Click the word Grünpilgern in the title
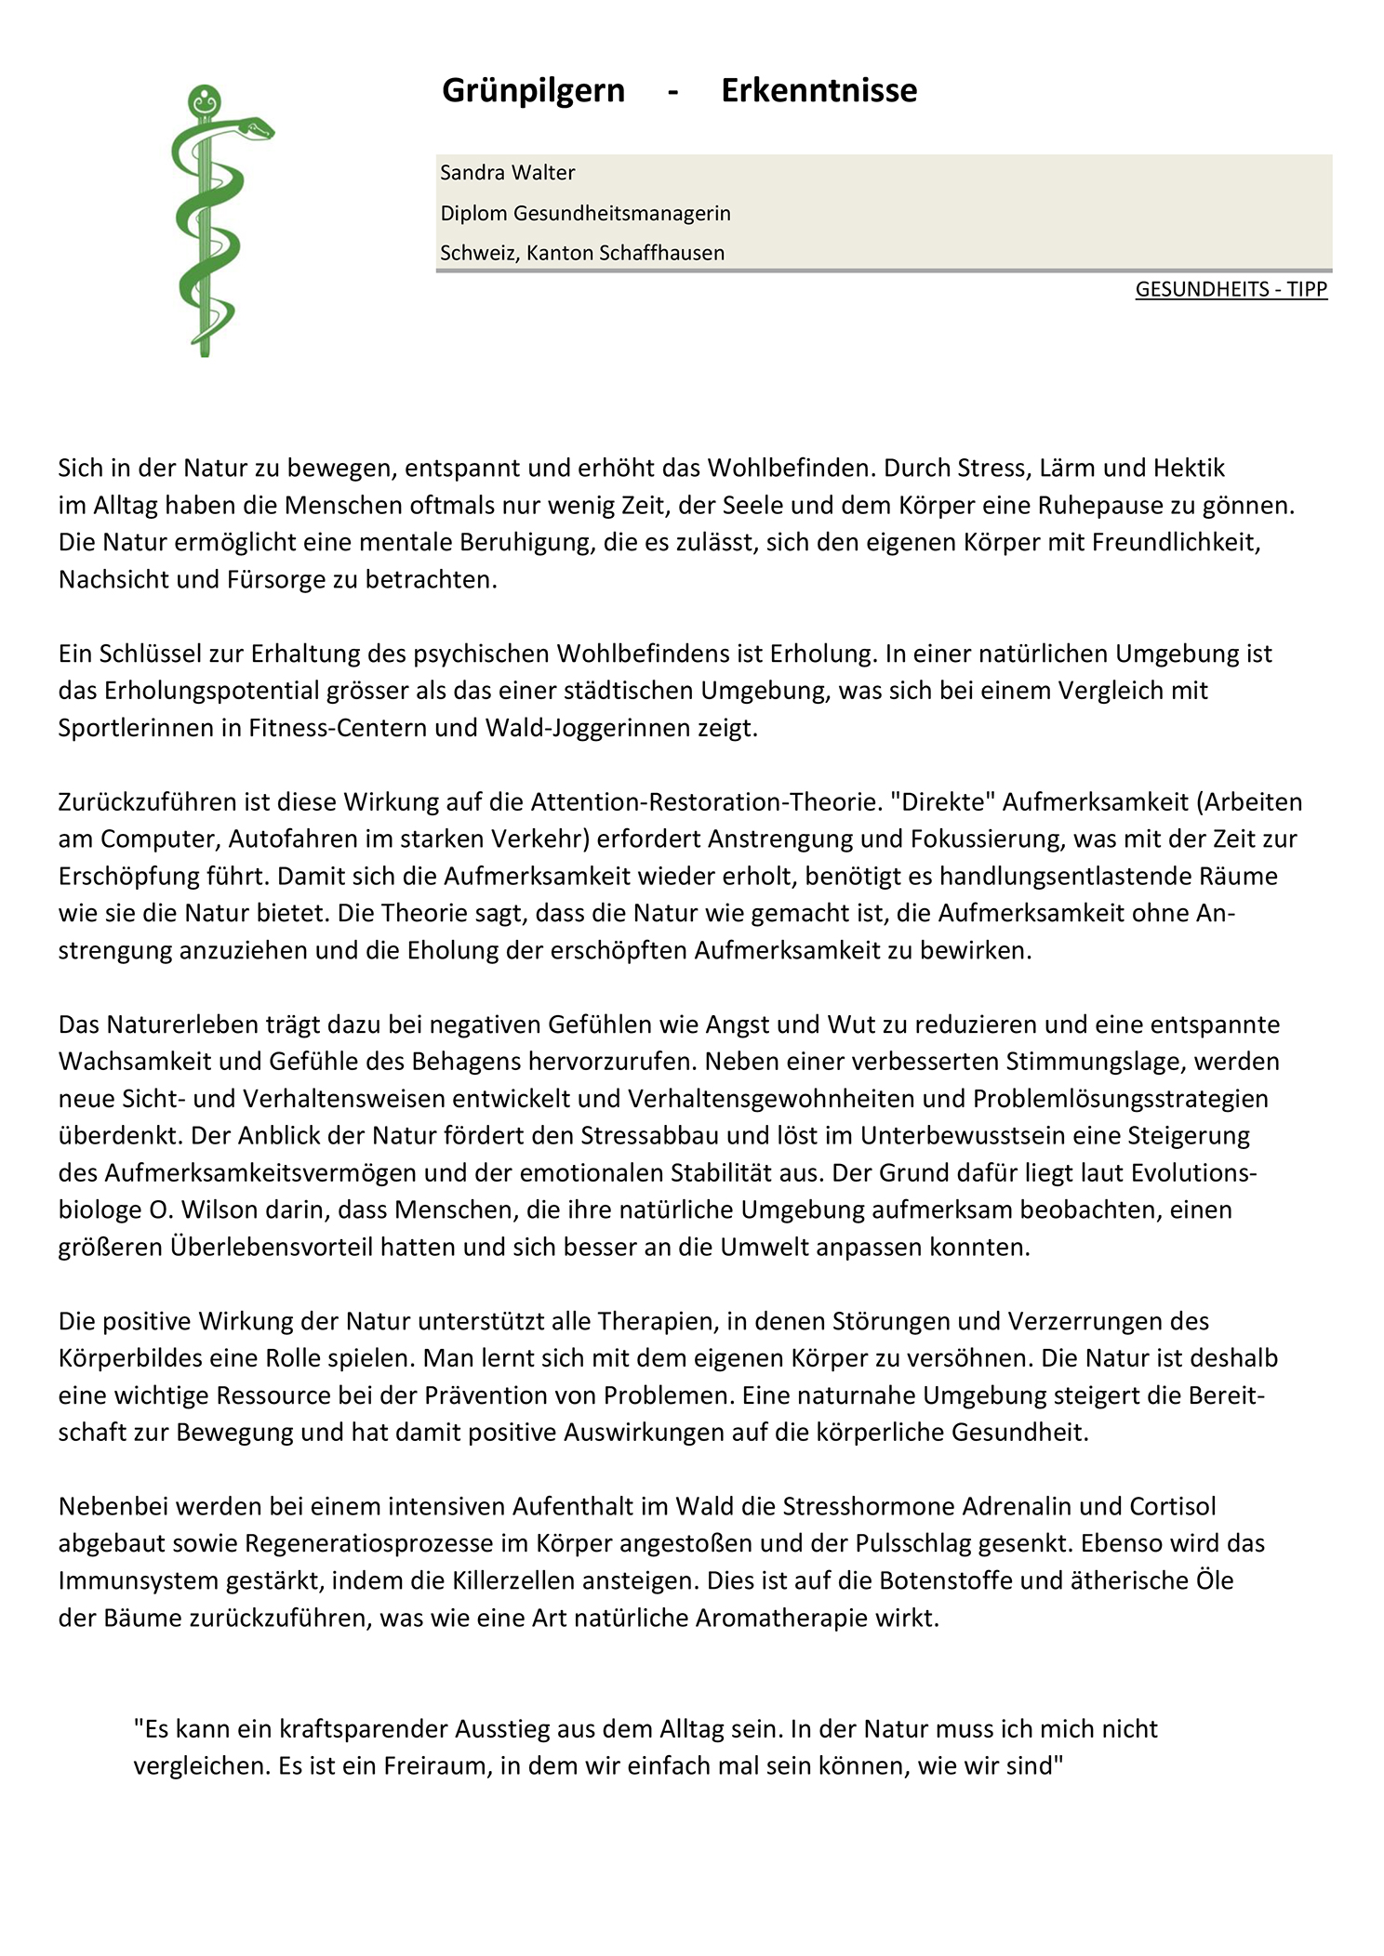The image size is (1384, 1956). click(x=533, y=91)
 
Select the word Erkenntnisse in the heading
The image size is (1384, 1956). click(x=818, y=91)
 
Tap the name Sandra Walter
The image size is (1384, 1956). click(x=507, y=173)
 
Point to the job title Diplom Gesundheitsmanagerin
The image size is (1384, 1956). click(x=585, y=214)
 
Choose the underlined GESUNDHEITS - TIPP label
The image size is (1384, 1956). click(x=1231, y=289)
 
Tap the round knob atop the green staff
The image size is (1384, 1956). click(x=204, y=99)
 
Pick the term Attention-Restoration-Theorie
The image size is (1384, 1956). click(x=704, y=801)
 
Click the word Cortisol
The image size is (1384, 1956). click(x=1172, y=1506)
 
